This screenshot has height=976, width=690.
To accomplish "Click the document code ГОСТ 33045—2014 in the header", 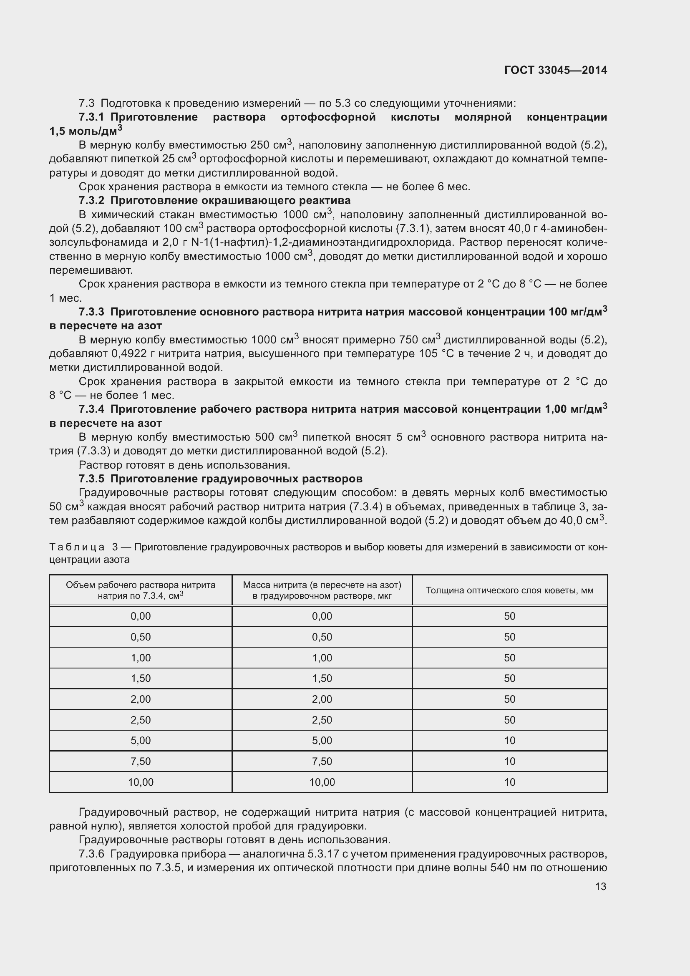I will tap(555, 70).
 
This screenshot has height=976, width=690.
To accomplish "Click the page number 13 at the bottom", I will tap(600, 886).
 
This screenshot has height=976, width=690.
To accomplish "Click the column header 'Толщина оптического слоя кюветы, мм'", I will tap(509, 590).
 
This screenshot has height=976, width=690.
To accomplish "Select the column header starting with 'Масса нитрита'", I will tap(322, 590).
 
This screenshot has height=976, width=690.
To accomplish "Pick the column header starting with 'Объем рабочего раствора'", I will tap(141, 590).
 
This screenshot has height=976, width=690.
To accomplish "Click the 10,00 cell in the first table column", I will tap(141, 782).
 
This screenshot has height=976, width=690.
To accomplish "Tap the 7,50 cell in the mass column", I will tap(322, 762).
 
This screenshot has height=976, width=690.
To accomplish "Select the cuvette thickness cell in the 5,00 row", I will tap(509, 741).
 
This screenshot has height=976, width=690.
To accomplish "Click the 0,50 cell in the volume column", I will tap(141, 637).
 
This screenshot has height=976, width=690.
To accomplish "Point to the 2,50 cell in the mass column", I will tap(322, 720).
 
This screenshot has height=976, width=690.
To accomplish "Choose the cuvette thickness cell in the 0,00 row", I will tap(509, 616).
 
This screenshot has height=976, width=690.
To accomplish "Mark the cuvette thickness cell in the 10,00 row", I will tap(509, 782).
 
